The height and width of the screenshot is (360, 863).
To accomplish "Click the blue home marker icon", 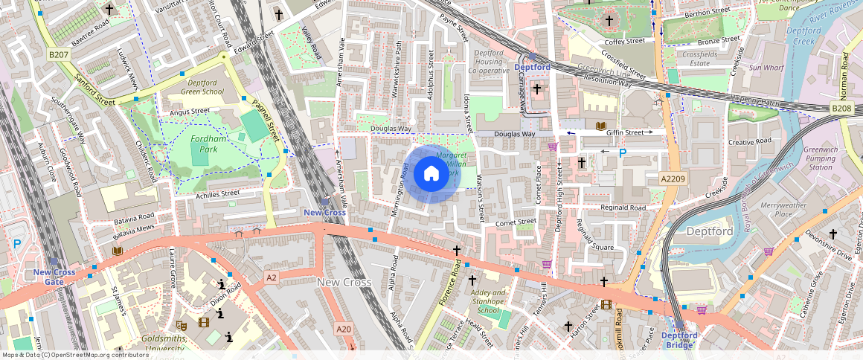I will coord(431,174).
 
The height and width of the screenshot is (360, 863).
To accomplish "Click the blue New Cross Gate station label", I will coord(54,277).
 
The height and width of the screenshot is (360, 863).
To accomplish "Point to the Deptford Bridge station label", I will coord(679,340).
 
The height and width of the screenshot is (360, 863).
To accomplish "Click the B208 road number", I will coord(841,109).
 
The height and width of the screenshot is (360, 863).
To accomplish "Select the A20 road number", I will coord(343,328).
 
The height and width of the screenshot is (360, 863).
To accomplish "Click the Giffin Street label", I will coord(623,132).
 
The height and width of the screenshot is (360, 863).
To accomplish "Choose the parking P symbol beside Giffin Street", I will coord(623,153).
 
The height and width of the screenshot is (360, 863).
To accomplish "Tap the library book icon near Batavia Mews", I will coord(117,251).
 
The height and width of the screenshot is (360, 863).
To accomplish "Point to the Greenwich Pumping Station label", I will coord(821,158).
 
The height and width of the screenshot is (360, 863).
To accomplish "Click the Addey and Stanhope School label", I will coord(489,301).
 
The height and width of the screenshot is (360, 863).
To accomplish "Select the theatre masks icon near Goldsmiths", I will coord(181,325).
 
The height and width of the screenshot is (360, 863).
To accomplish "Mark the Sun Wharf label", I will coord(766,68).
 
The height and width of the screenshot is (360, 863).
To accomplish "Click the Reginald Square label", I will coord(593,247).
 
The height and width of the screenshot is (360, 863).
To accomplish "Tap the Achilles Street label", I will coord(216,193).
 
